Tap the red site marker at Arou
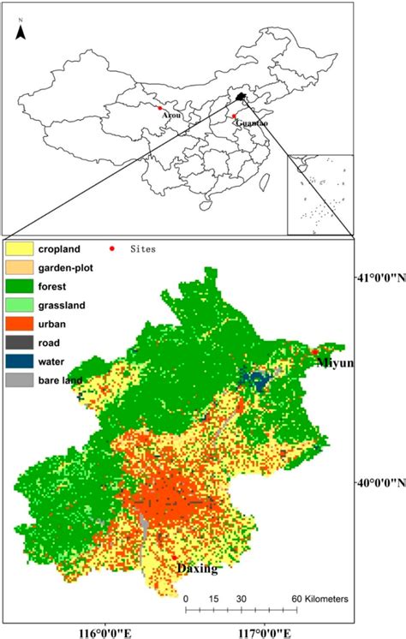click(x=159, y=108)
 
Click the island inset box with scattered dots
click(x=320, y=194)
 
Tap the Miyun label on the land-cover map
click(x=335, y=363)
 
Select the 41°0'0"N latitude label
click(x=379, y=278)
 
